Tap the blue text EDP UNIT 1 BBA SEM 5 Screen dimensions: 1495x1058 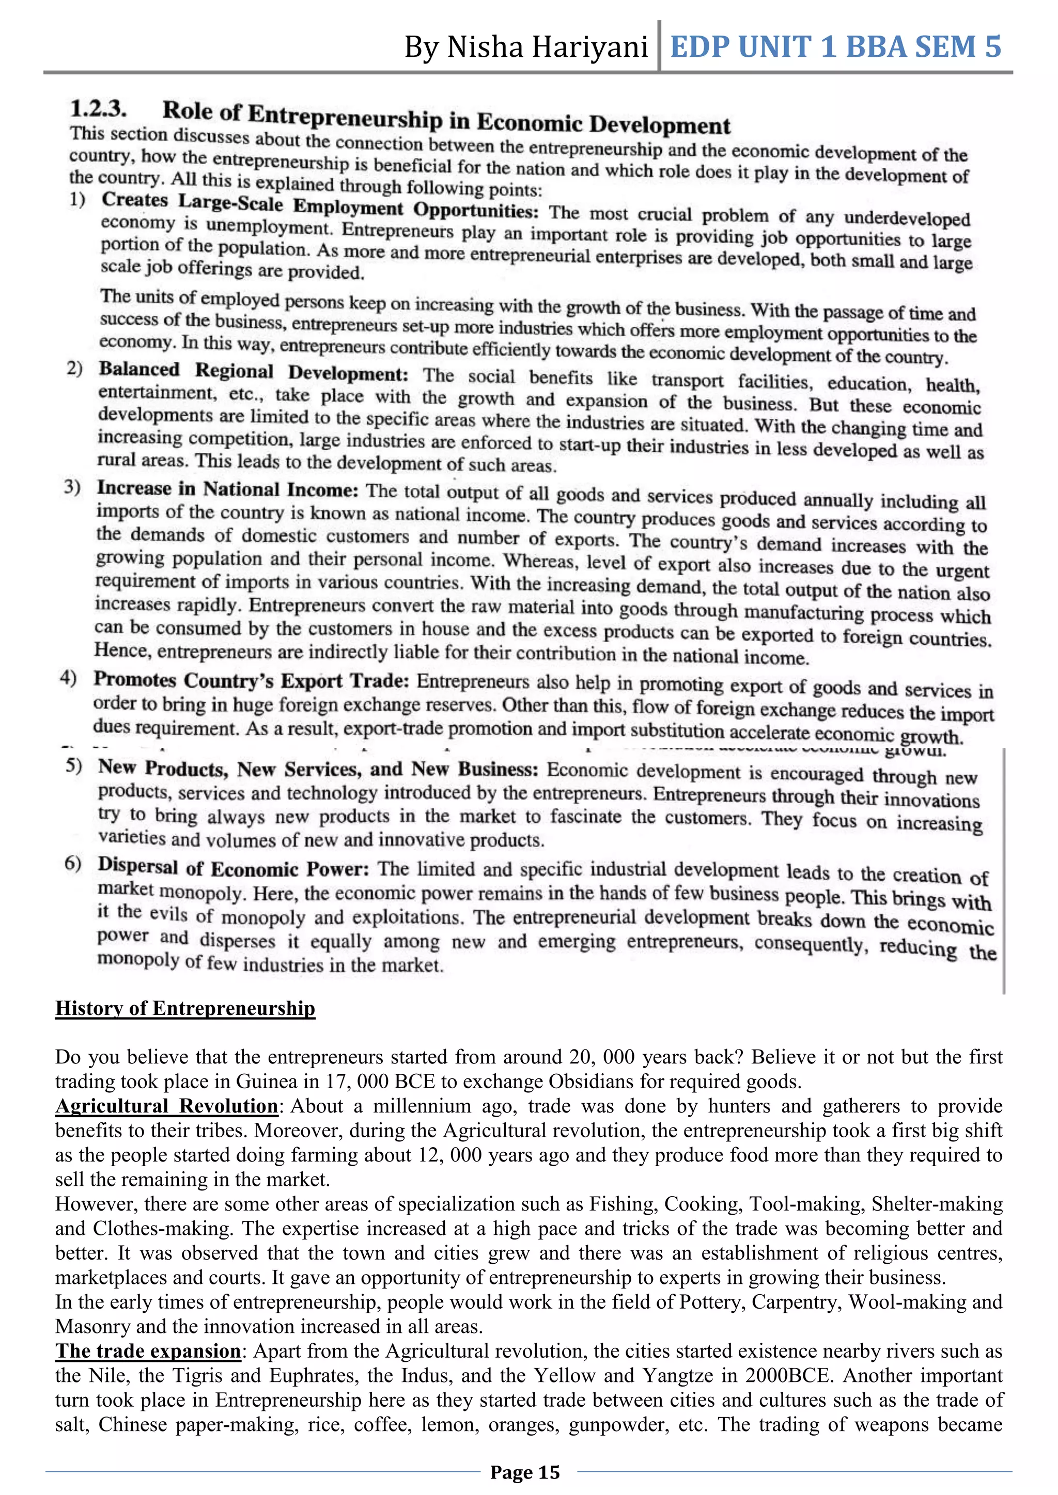835,47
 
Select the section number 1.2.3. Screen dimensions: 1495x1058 98,108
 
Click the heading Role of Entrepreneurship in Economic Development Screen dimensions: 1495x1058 446,118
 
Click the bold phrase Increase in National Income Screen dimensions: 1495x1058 227,489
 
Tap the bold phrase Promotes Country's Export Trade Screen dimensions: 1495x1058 251,680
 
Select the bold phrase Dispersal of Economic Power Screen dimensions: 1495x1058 233,867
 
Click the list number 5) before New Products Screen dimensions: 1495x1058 74,766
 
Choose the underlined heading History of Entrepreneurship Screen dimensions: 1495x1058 185,1008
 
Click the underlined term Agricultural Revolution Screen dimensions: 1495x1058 167,1106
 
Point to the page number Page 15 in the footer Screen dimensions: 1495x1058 525,1472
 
